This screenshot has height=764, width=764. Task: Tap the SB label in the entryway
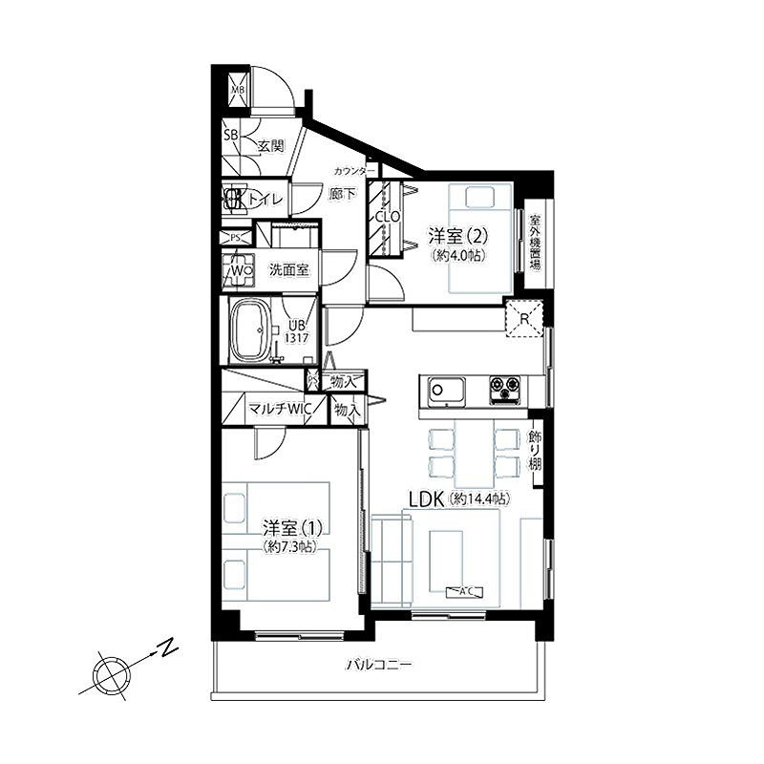[230, 135]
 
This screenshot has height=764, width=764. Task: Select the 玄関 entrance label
[270, 146]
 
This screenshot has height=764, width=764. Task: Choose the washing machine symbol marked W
[239, 270]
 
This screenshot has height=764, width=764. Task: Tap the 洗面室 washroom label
[287, 270]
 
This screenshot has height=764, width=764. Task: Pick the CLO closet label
[387, 217]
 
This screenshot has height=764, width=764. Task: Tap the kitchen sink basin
[446, 390]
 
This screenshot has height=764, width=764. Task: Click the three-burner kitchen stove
[506, 390]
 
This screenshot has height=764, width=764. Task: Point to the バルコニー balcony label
[379, 665]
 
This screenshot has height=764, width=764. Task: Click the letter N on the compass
[169, 648]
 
